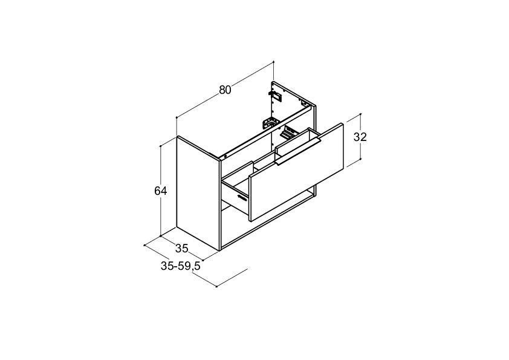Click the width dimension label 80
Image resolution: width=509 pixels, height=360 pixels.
[x=225, y=90]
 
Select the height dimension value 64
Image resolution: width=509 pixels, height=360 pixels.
[x=160, y=191]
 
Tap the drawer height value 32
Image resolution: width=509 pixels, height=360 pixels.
[x=360, y=137]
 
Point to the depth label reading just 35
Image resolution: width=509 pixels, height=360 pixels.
[x=182, y=248]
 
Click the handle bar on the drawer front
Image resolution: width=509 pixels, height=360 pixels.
[x=297, y=152]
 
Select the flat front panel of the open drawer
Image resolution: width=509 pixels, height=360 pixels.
[x=296, y=172]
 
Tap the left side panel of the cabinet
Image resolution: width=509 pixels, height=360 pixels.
[x=198, y=194]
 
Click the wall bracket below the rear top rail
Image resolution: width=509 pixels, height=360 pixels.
[x=271, y=123]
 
